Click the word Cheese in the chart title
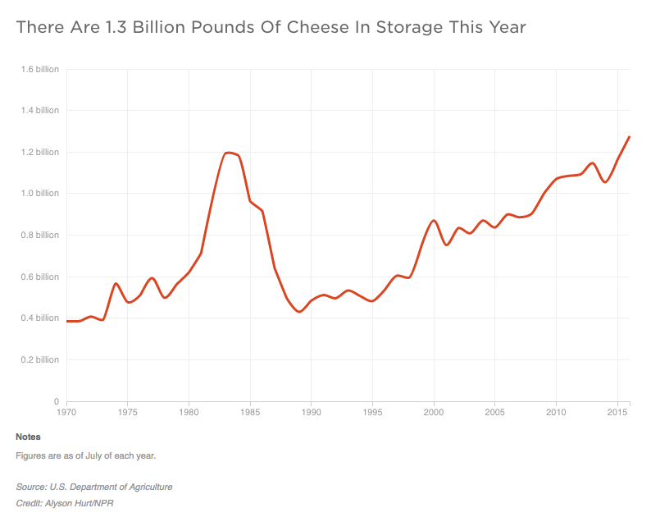tap(301, 28)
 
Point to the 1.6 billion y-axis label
tap(40, 69)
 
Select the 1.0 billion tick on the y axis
tap(40, 194)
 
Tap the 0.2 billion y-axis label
tap(40, 359)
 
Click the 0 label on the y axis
tap(56, 401)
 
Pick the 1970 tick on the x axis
tap(66, 412)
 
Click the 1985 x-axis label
tap(250, 412)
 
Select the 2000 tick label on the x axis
tap(434, 412)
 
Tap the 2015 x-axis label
tap(617, 412)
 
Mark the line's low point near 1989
tap(298, 312)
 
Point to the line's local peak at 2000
tap(434, 220)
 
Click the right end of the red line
tap(629, 136)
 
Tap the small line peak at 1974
tap(116, 283)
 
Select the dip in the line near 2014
tap(605, 181)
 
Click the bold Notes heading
tap(28, 437)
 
